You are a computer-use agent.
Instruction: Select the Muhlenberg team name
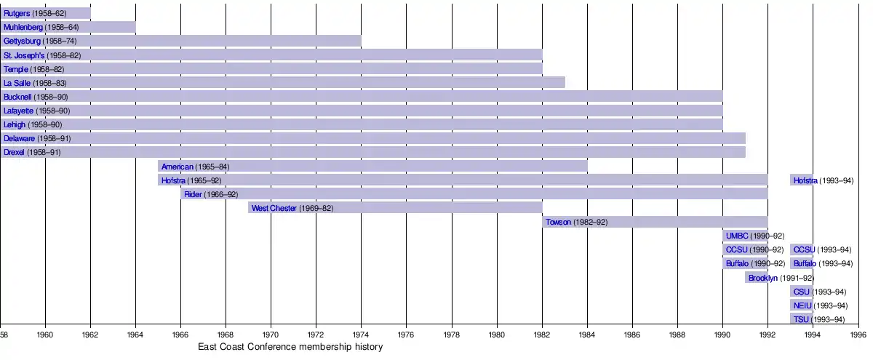click(23, 27)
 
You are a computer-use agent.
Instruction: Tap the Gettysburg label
click(22, 41)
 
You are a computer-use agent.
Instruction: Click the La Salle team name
click(17, 83)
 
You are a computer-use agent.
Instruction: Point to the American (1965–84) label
click(195, 167)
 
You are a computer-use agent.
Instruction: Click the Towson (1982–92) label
click(576, 222)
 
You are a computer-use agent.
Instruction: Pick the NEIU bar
click(802, 305)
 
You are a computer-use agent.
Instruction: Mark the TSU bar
click(802, 319)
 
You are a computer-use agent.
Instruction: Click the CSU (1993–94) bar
click(802, 292)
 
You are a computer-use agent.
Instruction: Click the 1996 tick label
click(858, 335)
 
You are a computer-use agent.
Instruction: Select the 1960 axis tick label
click(45, 335)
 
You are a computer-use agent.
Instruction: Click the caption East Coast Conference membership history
click(290, 348)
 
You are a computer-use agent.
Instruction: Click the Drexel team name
click(14, 153)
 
